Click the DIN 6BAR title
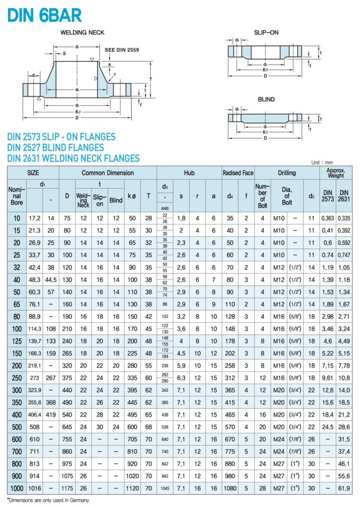[44, 15]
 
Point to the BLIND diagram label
[266, 99]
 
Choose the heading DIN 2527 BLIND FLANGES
[56, 147]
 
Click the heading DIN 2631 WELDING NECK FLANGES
[74, 158]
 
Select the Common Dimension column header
[108, 173]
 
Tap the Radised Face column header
[238, 173]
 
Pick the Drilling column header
[286, 173]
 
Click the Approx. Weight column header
[336, 173]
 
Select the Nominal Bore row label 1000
[16, 488]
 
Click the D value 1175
[67, 488]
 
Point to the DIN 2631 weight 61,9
[344, 488]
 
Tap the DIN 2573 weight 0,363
[327, 218]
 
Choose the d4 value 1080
[230, 488]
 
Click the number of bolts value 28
[262, 488]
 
